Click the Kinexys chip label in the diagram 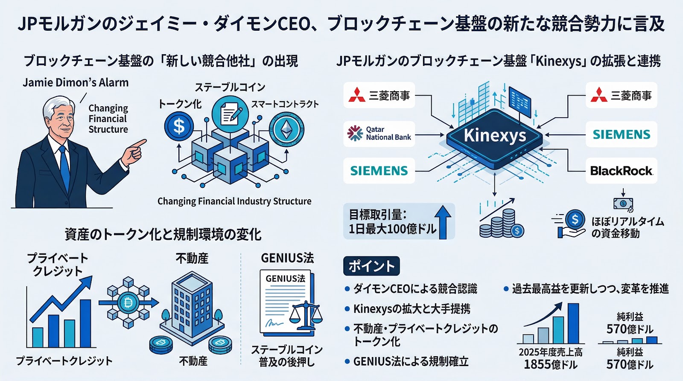[x=495, y=135]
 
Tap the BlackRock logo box [x=621, y=171]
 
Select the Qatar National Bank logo [x=379, y=134]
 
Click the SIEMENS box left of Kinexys [x=379, y=171]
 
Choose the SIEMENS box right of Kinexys [x=621, y=134]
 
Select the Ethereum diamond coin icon [x=286, y=129]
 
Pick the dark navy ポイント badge [x=371, y=266]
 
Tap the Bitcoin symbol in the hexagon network [x=128, y=303]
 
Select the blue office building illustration [x=192, y=305]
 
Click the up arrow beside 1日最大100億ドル [x=444, y=222]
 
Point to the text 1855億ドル [x=550, y=364]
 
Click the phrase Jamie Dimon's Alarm [x=76, y=82]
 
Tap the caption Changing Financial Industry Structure [x=234, y=201]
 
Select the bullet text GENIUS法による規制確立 [x=411, y=361]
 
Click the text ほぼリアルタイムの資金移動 [x=628, y=227]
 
